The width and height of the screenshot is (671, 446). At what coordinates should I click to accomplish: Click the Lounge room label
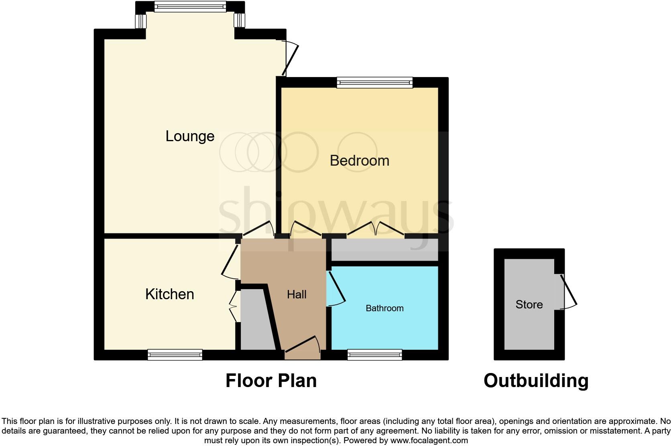coord(190,136)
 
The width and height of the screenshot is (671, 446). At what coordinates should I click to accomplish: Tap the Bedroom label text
coord(359,161)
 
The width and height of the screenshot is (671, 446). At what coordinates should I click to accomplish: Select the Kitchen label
coord(169,294)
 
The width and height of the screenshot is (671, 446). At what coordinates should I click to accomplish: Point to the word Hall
coord(297,295)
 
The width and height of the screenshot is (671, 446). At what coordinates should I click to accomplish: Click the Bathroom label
coord(384,308)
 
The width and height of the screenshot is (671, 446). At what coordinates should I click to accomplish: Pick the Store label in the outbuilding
coord(529,304)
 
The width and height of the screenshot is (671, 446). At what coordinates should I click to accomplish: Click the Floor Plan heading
coord(271,380)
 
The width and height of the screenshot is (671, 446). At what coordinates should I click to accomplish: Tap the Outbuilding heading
coord(536,380)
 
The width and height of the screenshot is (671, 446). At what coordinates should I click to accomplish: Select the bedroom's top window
coord(375,82)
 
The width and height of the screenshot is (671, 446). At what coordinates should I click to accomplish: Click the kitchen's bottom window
coord(175,355)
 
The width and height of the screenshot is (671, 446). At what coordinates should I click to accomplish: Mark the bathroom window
coord(374,355)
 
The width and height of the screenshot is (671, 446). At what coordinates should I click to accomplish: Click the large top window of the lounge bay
coord(190,6)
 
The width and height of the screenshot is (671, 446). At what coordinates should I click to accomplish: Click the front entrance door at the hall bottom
coord(302,347)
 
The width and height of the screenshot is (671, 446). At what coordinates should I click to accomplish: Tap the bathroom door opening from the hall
coord(336,289)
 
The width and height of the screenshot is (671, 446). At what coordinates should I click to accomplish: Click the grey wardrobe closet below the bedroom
coord(384,249)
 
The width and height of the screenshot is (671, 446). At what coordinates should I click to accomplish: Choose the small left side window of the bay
coord(140,21)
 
